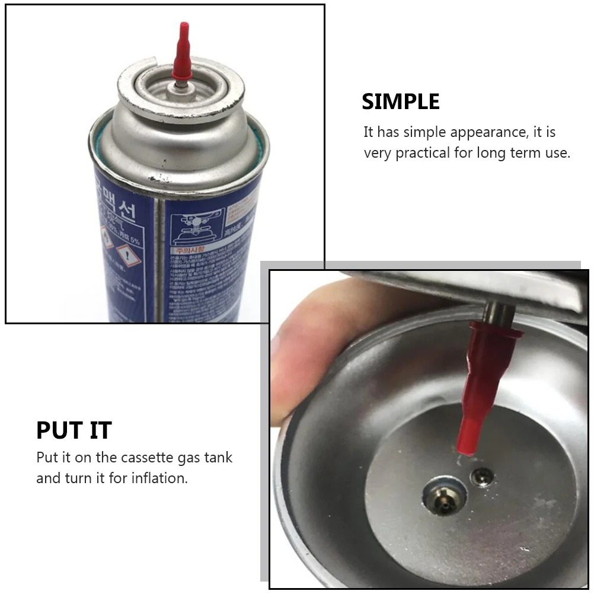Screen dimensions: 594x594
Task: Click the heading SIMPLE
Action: (401, 102)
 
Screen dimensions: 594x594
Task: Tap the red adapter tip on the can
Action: (182, 53)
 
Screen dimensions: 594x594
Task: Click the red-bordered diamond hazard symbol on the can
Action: (125, 256)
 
